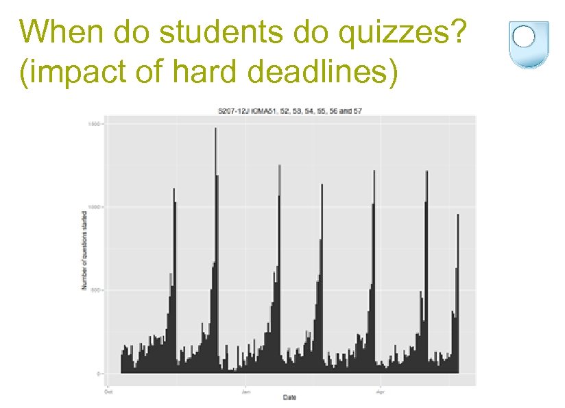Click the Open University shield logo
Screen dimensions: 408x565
coord(524,43)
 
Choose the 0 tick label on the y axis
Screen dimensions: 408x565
coord(99,374)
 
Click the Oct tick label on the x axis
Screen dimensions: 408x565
coord(108,392)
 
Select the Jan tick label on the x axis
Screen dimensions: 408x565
coord(246,392)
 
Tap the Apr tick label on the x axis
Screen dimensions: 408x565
coord(381,392)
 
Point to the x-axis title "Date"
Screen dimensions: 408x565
coord(289,398)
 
